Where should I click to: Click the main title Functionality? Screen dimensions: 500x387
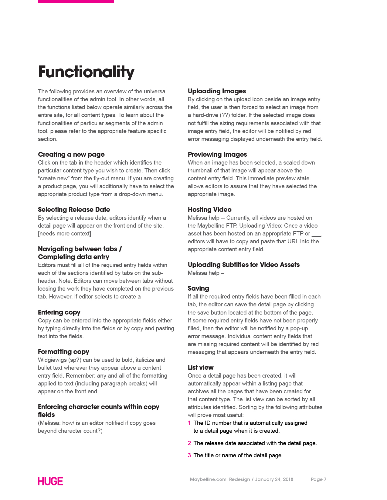pyautogui.click(x=86, y=72)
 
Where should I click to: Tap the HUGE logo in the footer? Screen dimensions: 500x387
pyautogui.click(x=50, y=481)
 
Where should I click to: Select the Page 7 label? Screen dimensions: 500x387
pyautogui.click(x=318, y=479)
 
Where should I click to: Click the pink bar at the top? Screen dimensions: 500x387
pyautogui.click(x=76, y=2)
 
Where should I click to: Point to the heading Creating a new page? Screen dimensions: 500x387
pyautogui.click(x=71, y=155)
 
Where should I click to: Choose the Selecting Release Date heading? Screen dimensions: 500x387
pyautogui.click(x=74, y=210)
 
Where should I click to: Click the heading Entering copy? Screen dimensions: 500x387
pyautogui.click(x=59, y=312)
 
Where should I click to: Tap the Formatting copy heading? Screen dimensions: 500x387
pyautogui.click(x=63, y=352)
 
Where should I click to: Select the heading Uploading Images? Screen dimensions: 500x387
pyautogui.click(x=217, y=91)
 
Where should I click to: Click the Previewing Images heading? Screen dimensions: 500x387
pyautogui.click(x=217, y=155)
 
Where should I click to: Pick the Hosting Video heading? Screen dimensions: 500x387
pyautogui.click(x=209, y=210)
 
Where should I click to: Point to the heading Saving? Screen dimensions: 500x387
pyautogui.click(x=198, y=288)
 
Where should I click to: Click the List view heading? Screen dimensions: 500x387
pyautogui.click(x=201, y=368)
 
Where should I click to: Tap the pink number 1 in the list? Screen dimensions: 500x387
pyautogui.click(x=189, y=423)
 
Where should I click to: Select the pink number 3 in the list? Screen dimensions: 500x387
pyautogui.click(x=189, y=455)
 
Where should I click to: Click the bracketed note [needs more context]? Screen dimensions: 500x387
pyautogui.click(x=64, y=234)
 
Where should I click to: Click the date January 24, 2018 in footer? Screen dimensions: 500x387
pyautogui.click(x=274, y=479)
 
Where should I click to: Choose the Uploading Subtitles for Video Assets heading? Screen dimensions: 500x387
pyautogui.click(x=243, y=265)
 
